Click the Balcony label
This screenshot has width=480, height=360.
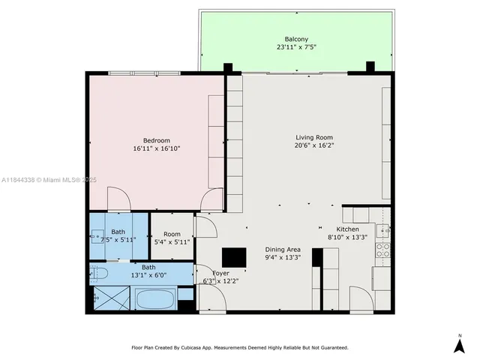coord(295,39)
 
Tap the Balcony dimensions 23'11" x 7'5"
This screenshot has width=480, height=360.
coord(295,47)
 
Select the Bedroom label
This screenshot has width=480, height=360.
coord(157,140)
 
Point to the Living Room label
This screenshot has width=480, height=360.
coord(313,137)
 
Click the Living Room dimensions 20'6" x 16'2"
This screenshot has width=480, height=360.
coord(313,145)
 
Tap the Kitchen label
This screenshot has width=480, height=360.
coord(347,229)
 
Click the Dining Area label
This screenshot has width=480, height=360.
coord(283,249)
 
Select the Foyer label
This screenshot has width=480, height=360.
coord(220,273)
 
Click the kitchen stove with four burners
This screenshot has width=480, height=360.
coord(382,250)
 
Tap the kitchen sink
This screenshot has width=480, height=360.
coord(382,230)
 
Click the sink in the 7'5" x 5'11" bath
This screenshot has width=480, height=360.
coord(97,236)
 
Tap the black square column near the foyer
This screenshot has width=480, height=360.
coord(234,256)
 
